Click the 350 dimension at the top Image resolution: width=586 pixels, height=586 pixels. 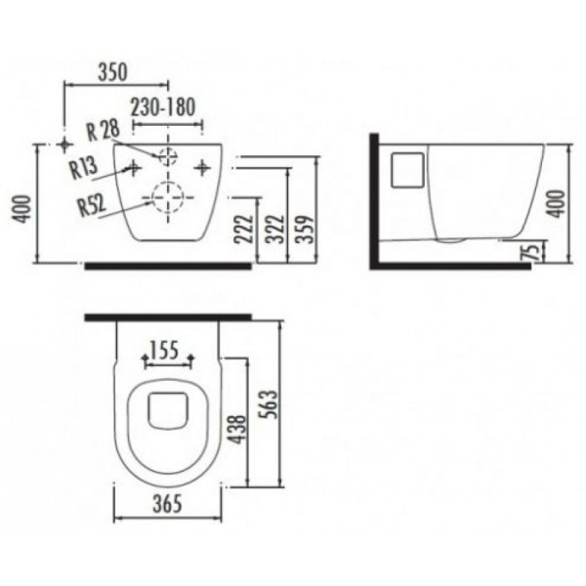tap(113, 72)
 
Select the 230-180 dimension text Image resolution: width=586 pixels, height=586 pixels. tap(163, 107)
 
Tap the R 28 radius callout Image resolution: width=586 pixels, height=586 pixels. tap(104, 130)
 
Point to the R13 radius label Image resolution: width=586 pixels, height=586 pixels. tap(84, 168)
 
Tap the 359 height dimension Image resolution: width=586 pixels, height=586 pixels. tap(304, 229)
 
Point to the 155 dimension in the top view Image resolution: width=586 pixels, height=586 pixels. tap(164, 351)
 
